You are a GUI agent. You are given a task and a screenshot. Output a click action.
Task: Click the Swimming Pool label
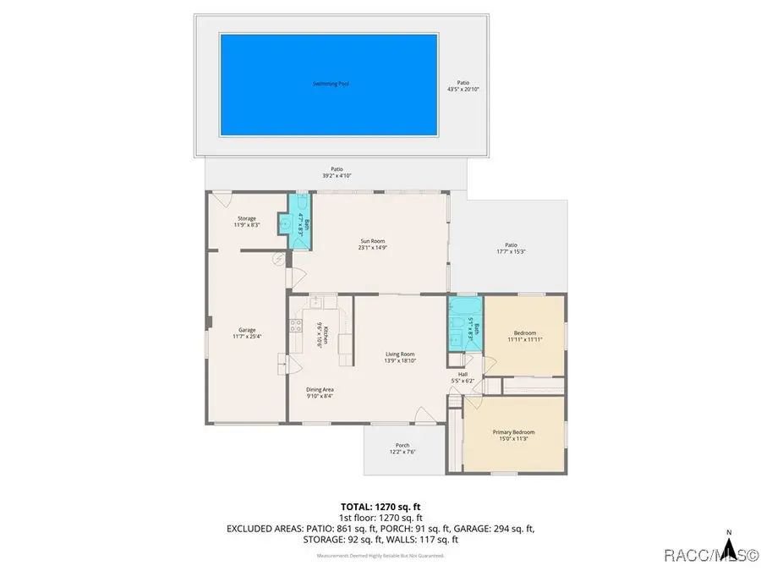(331, 84)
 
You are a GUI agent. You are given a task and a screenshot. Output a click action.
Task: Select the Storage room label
(246, 218)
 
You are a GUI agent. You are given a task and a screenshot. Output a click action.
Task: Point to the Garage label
(247, 330)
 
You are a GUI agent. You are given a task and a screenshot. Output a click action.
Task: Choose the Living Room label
(401, 354)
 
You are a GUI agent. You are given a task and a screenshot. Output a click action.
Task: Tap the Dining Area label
(320, 389)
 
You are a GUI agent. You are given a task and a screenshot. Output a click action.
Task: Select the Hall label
(463, 374)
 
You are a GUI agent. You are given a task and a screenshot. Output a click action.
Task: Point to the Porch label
(402, 446)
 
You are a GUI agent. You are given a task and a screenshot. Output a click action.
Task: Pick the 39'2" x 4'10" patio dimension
(337, 176)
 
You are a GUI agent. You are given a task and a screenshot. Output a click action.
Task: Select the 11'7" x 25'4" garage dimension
(247, 336)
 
